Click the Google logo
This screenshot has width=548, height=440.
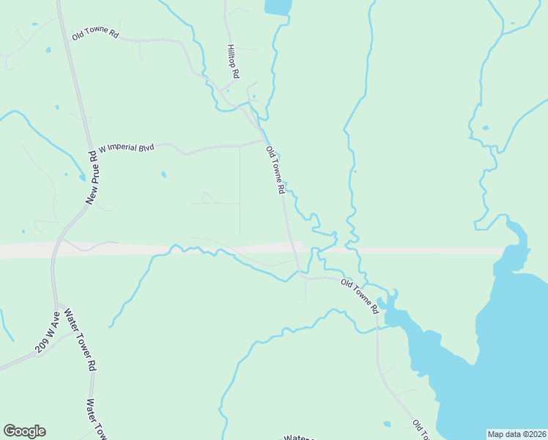pyautogui.click(x=25, y=431)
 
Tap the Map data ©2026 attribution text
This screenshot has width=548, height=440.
pyautogui.click(x=516, y=434)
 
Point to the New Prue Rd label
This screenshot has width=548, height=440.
pyautogui.click(x=92, y=177)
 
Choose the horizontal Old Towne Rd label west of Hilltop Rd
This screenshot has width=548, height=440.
pyautogui.click(x=95, y=34)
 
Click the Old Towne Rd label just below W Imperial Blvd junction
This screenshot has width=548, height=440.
pyautogui.click(x=275, y=169)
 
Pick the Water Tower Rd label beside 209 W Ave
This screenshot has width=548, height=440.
pyautogui.click(x=81, y=338)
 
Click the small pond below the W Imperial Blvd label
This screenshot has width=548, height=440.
pyautogui.click(x=163, y=175)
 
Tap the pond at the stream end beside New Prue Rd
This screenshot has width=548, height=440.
pyautogui.click(x=81, y=177)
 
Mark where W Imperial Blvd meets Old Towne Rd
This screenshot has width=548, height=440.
pyautogui.click(x=264, y=140)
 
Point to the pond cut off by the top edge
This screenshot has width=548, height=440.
pyautogui.click(x=278, y=7)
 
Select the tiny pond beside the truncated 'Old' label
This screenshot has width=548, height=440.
pyautogui.click(x=387, y=423)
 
